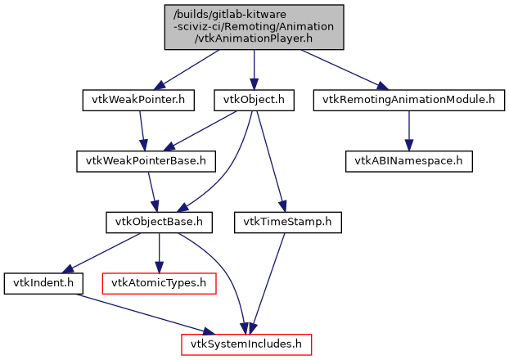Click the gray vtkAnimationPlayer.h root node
254,26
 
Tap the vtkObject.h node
254,100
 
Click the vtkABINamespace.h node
408,160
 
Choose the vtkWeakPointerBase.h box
146,160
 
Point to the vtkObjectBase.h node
159,222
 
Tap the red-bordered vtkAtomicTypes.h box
159,283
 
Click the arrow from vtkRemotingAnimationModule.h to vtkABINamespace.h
408,130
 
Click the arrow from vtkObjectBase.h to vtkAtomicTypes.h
159,252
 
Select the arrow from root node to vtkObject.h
254,69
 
